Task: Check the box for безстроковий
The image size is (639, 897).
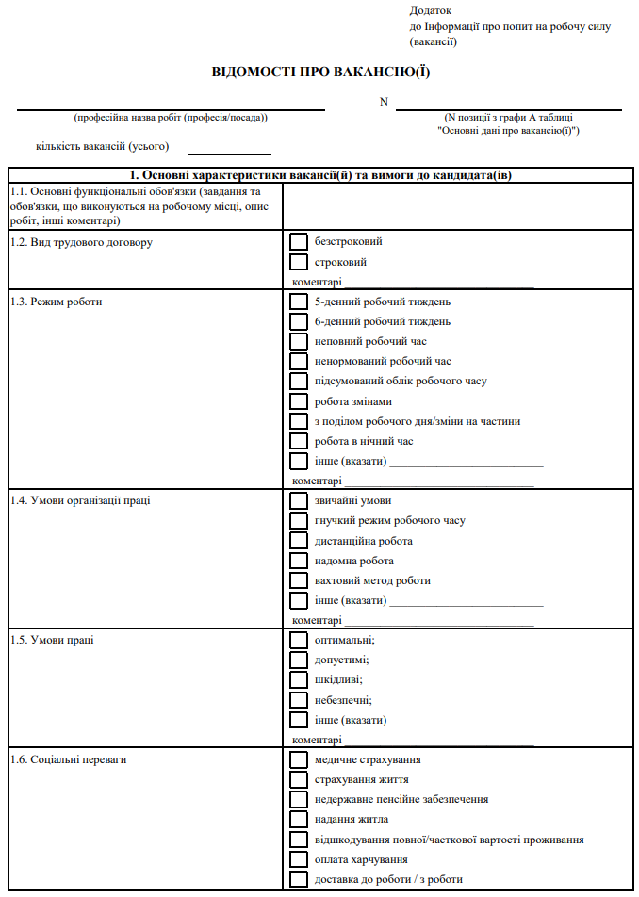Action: click(x=299, y=242)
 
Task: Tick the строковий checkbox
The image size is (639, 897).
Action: click(x=299, y=262)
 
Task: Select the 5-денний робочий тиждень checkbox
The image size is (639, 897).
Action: click(x=299, y=302)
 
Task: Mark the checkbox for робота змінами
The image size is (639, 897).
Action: click(x=299, y=401)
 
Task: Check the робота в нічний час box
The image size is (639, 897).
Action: click(x=299, y=441)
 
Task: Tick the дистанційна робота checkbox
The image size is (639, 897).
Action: click(x=299, y=541)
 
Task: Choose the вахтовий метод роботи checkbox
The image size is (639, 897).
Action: click(x=299, y=580)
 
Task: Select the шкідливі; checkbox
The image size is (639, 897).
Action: click(x=299, y=679)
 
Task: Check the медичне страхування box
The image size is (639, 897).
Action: click(x=299, y=759)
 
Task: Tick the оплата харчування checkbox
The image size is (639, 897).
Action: click(x=299, y=859)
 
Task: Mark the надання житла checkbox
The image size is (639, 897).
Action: click(x=299, y=819)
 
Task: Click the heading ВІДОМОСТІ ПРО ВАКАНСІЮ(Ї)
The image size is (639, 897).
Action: click(x=320, y=73)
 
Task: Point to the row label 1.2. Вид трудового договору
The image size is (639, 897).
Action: click(x=81, y=242)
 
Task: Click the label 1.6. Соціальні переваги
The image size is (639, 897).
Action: click(x=67, y=759)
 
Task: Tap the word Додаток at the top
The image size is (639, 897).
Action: click(x=431, y=10)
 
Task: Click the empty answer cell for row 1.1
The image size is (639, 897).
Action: click(x=459, y=205)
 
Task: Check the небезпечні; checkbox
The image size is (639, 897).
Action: click(x=299, y=700)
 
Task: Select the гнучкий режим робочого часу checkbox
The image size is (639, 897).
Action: click(x=299, y=521)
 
